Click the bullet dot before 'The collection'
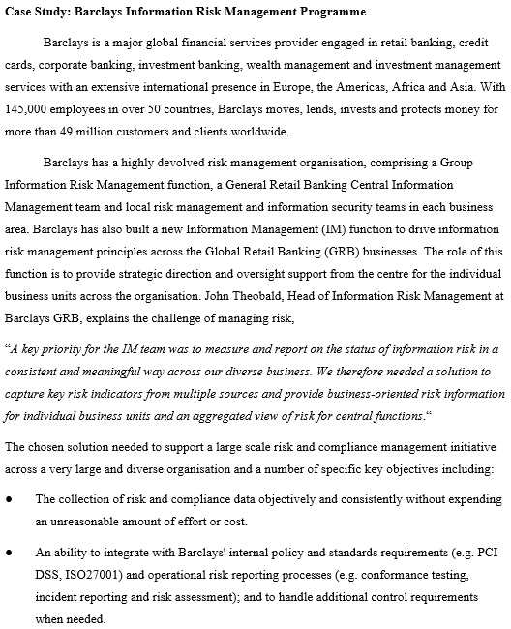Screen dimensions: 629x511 tap(10, 499)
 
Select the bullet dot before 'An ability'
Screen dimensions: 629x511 tap(10, 554)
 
